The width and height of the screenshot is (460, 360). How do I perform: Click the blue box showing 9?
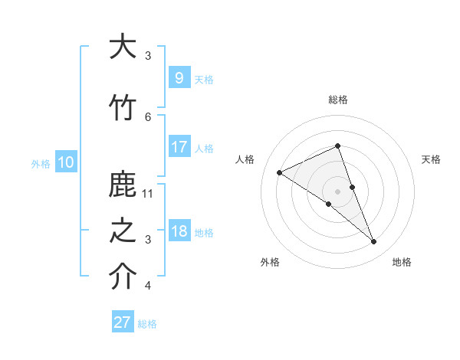click(179, 77)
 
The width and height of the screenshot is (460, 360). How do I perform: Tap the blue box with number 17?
click(179, 146)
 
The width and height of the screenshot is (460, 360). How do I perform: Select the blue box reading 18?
click(179, 231)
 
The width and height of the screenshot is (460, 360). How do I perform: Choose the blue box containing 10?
click(65, 162)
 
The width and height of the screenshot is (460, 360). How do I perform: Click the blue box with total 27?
click(123, 322)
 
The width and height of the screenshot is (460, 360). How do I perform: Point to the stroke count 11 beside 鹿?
click(149, 194)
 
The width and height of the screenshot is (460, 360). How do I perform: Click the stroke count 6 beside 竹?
click(148, 116)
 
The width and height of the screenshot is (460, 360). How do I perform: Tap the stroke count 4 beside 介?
click(148, 286)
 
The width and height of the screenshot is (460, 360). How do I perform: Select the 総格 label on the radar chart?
click(337, 100)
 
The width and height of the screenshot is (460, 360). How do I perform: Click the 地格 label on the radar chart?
click(402, 262)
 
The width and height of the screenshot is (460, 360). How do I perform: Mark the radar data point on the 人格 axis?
click(280, 172)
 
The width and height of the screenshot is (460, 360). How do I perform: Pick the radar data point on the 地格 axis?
click(374, 242)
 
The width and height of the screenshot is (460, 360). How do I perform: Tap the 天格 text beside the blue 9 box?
click(204, 79)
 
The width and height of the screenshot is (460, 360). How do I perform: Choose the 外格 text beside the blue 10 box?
click(41, 163)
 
